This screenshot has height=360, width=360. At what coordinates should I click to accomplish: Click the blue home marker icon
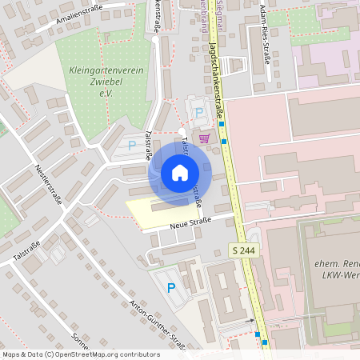180,171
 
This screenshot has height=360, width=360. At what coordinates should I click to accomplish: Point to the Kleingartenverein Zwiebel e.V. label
107,82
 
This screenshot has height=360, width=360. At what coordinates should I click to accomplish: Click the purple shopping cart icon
204,138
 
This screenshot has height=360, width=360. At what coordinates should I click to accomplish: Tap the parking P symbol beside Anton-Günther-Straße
170,287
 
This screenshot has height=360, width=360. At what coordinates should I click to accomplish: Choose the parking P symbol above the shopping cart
198,113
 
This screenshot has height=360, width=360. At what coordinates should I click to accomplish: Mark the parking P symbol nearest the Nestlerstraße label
132,146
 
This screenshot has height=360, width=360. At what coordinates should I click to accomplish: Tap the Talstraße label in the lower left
27,251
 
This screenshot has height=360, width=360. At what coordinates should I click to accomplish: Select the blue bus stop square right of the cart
223,142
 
